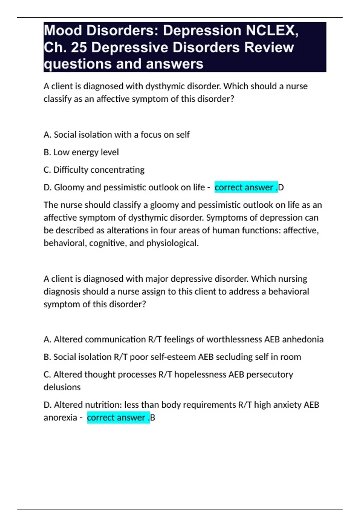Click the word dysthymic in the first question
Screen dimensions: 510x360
[165, 86]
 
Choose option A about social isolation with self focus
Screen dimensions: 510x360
[116, 135]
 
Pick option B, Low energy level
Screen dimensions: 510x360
[81, 152]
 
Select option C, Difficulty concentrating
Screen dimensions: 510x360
[94, 170]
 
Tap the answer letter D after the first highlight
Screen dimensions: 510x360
[281, 187]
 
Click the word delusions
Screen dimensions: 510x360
[62, 387]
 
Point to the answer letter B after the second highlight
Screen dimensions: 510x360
[152, 418]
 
